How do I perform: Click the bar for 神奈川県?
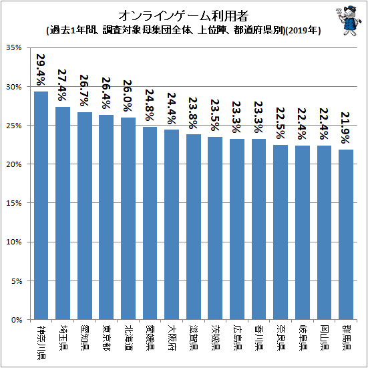pyautogui.click(x=41, y=205)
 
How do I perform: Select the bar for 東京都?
pyautogui.click(x=106, y=217)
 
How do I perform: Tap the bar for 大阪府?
pyautogui.click(x=172, y=224)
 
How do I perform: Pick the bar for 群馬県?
pyautogui.click(x=346, y=234)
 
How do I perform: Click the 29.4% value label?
pyautogui.click(x=40, y=69)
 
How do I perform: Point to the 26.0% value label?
pyautogui.click(x=128, y=96)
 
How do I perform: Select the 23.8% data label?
pyautogui.click(x=193, y=113)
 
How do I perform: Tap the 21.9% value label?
pyautogui.click(x=345, y=128)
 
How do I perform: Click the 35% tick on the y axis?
pyautogui.click(x=14, y=48)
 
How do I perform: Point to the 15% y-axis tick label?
pyautogui.click(x=14, y=203)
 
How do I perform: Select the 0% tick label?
pyautogui.click(x=16, y=320)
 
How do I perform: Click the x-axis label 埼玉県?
pyautogui.click(x=63, y=337)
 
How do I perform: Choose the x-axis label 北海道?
pyautogui.click(x=128, y=337)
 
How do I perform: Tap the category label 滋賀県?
pyautogui.click(x=194, y=337)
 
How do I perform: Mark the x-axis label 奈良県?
pyautogui.click(x=281, y=337)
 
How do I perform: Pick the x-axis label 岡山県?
pyautogui.click(x=324, y=337)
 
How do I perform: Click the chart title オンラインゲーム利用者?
pyautogui.click(x=183, y=16)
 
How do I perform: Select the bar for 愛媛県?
pyautogui.click(x=150, y=223)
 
